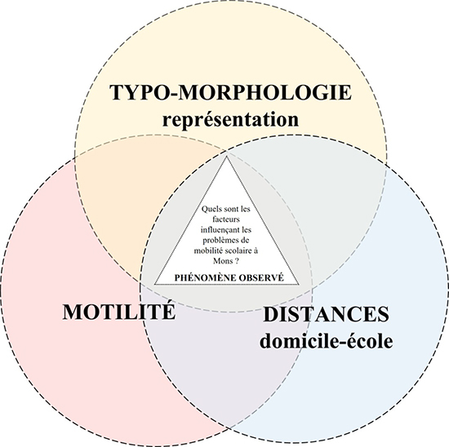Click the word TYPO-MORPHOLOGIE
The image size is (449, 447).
point(230,92)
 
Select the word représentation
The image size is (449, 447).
point(230,120)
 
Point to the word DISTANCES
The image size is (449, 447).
point(327,314)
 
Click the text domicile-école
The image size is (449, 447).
point(327,340)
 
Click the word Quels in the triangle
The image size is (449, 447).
point(209,209)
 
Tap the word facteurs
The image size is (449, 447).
point(226,219)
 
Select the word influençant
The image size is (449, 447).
point(218,230)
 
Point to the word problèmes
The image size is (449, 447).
point(218,241)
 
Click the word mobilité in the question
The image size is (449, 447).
point(207,250)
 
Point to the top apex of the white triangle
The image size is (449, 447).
point(226,157)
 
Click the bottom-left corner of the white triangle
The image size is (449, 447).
point(154,285)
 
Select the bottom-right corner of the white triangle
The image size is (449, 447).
point(300,285)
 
